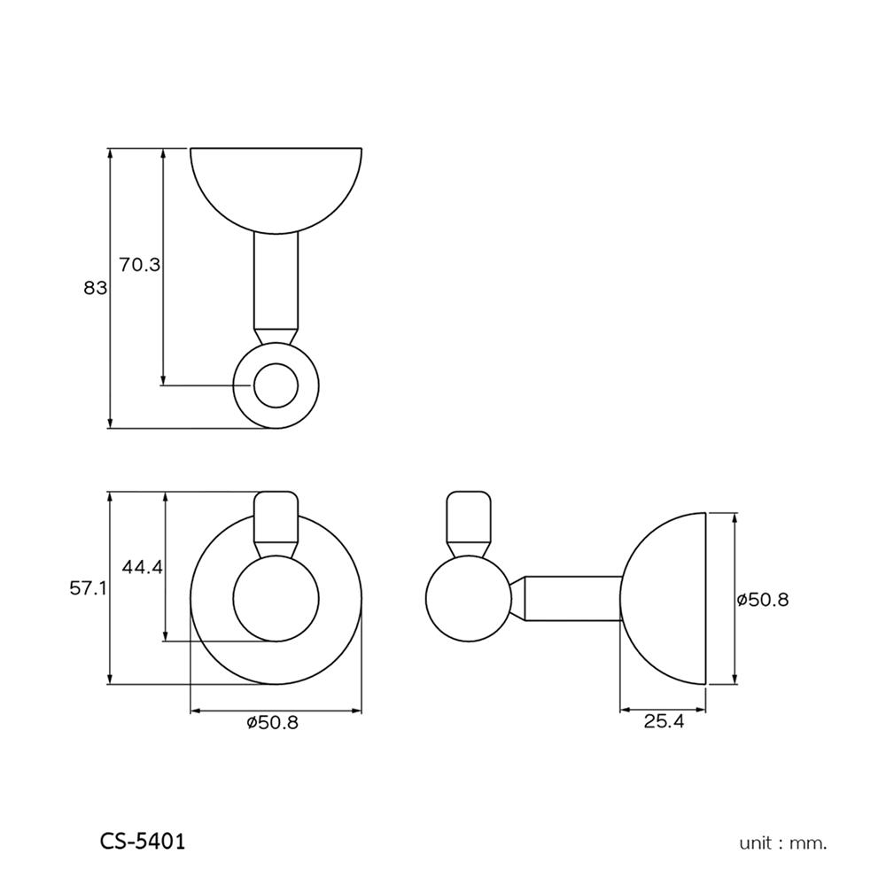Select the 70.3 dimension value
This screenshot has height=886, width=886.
140,265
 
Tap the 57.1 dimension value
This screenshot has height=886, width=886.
89,587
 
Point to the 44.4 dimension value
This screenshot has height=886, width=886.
143,567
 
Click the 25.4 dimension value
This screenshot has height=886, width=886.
664,722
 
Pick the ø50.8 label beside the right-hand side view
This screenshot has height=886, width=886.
763,600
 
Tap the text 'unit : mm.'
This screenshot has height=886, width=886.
782,843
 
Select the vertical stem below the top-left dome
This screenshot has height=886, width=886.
276,279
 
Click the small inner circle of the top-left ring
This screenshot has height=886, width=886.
276,385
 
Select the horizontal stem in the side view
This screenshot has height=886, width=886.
567,600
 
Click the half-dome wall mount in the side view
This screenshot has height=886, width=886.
669,599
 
